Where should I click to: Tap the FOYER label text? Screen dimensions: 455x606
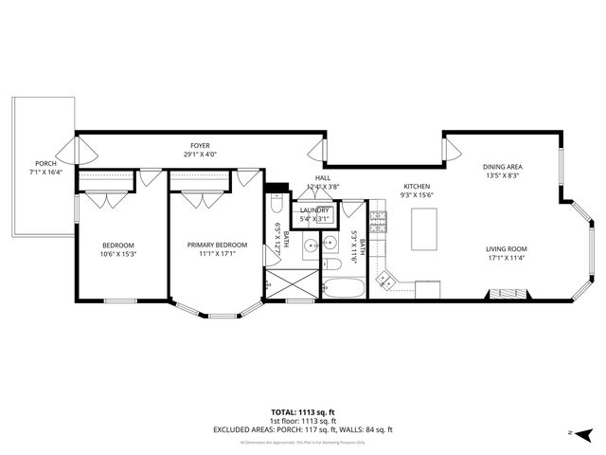[x=200, y=146]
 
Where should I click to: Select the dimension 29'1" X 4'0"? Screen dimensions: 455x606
[x=200, y=155]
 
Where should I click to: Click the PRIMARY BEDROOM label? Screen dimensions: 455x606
[x=217, y=245]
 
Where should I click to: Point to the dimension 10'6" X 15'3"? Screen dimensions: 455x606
[x=118, y=253]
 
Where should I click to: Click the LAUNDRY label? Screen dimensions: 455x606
[x=314, y=210]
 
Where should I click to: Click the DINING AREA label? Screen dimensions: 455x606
[x=504, y=167]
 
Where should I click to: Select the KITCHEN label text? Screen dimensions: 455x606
[x=417, y=186]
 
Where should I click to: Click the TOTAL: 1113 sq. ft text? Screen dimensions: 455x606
[x=303, y=412]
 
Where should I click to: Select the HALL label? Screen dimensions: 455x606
[x=323, y=177]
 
